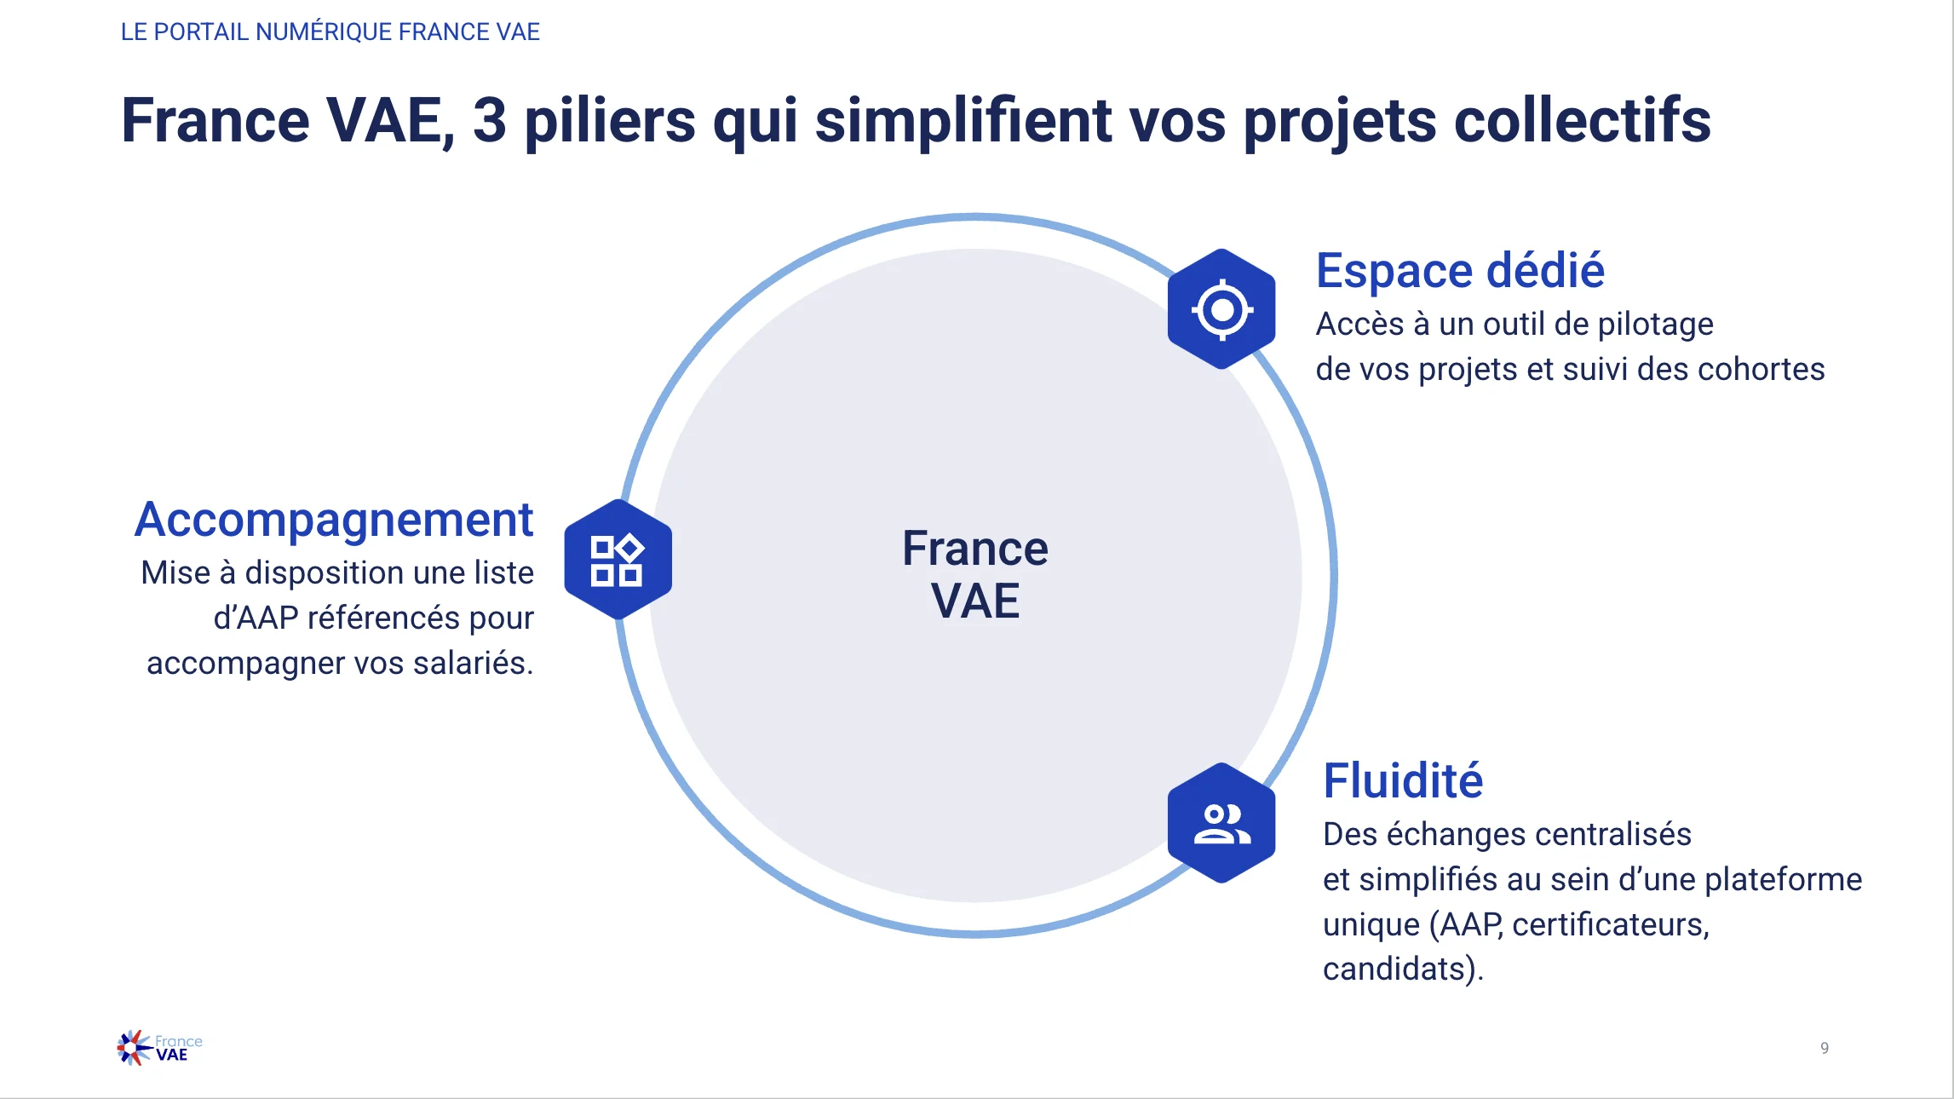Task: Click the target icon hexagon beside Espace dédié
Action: pos(1221,309)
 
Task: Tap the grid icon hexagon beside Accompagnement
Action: pos(618,560)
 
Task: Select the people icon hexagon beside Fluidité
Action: pos(1221,823)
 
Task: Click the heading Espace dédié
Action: pos(1460,271)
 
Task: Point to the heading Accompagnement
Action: pos(334,521)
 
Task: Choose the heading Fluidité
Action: pos(1403,780)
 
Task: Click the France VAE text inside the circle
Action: pos(975,574)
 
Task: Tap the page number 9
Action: pos(1825,1048)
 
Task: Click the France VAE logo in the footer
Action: pos(160,1048)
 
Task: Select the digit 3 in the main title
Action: pos(490,120)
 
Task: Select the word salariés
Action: pos(473,662)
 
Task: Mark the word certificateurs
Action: pos(1611,925)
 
